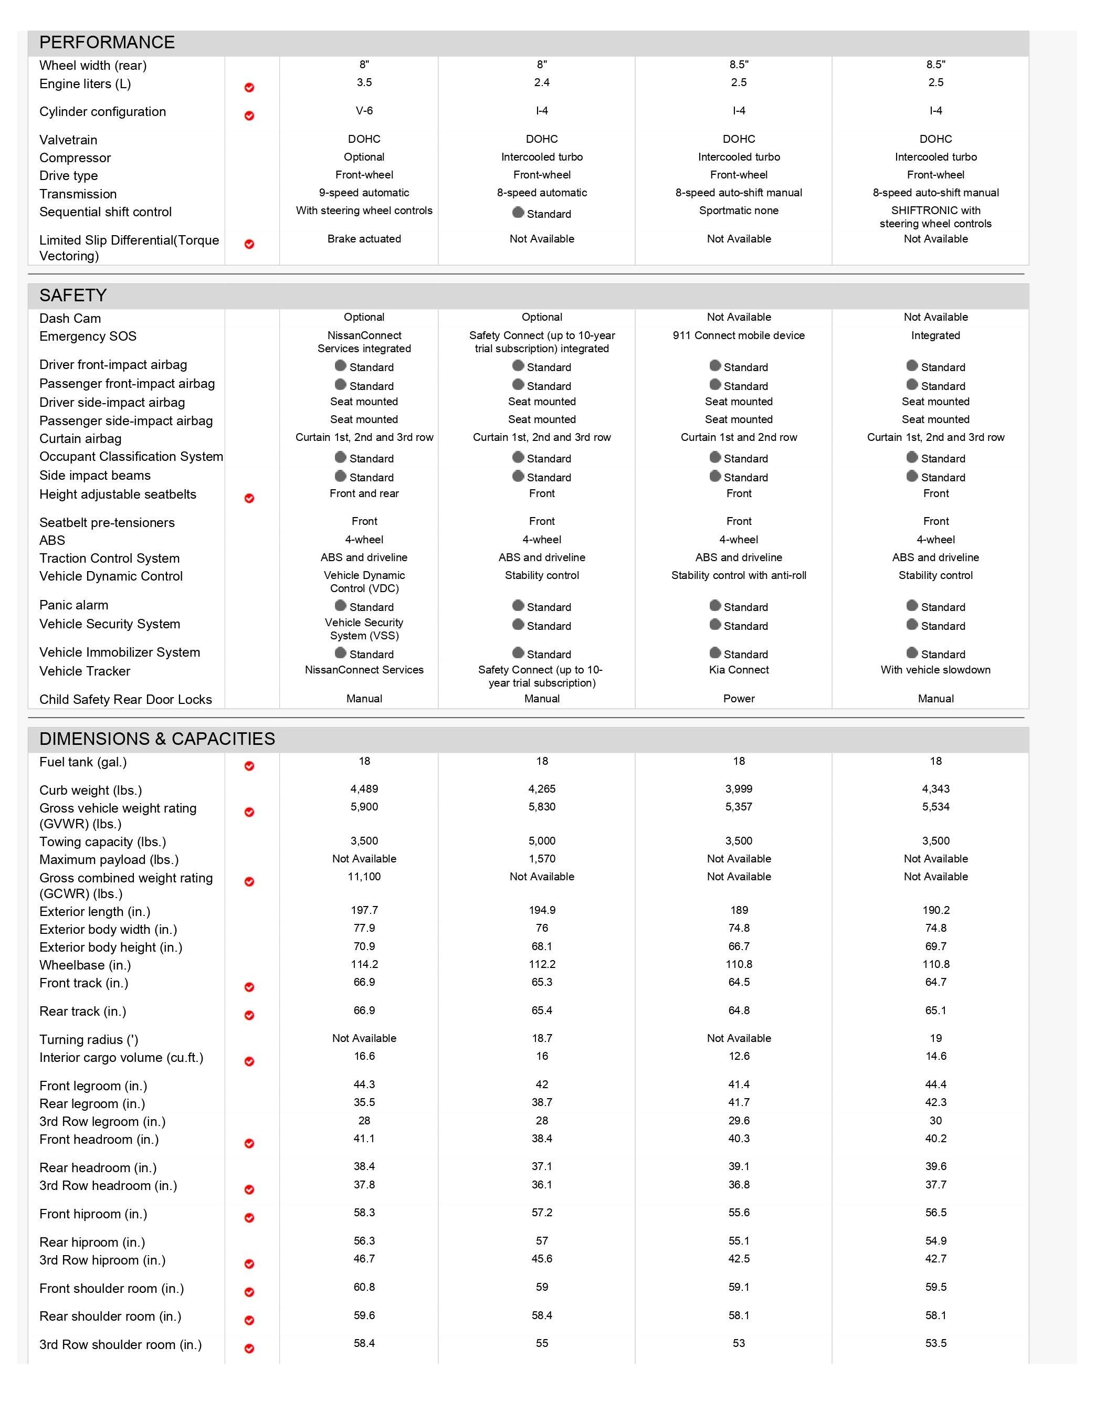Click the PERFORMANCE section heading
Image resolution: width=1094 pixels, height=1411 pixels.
107,43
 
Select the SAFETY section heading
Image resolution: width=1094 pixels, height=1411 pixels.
72,295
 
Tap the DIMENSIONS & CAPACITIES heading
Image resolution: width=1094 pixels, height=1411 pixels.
157,739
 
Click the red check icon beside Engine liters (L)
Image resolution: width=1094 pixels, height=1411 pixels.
249,87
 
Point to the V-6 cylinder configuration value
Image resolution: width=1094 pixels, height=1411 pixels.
364,110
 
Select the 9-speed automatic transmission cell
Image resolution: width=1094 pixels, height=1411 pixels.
364,193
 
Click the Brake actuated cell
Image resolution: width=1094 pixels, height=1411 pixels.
364,238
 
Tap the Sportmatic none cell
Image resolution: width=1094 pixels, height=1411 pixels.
739,210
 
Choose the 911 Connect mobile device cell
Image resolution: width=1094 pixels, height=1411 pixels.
739,335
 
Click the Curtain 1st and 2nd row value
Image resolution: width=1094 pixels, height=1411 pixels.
739,437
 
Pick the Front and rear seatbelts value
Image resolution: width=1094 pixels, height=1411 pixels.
364,493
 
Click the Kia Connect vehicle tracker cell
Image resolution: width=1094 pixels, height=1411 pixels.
739,670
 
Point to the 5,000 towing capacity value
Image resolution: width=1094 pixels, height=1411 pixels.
542,840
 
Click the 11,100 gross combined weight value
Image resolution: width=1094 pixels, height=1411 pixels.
364,877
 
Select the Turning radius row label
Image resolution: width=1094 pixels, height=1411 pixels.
89,1039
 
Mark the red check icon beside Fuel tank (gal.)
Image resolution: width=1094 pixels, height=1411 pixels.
249,766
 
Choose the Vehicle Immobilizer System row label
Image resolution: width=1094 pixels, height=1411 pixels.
120,652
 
